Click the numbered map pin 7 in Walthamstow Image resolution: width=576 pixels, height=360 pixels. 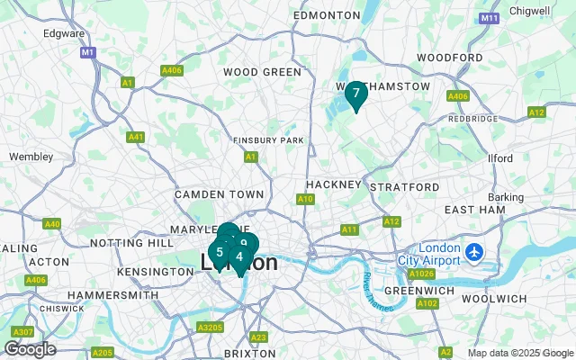coord(355,94)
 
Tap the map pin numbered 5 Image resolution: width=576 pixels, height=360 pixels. coord(219,252)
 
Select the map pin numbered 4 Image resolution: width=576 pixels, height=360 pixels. coord(239,256)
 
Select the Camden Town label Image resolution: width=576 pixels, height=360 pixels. coord(220,194)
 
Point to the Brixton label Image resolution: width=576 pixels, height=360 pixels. coord(249,354)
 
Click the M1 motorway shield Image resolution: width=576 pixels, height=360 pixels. coord(87,53)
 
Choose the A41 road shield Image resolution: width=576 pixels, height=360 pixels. coord(136,137)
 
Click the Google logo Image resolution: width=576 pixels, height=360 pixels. coord(30,349)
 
